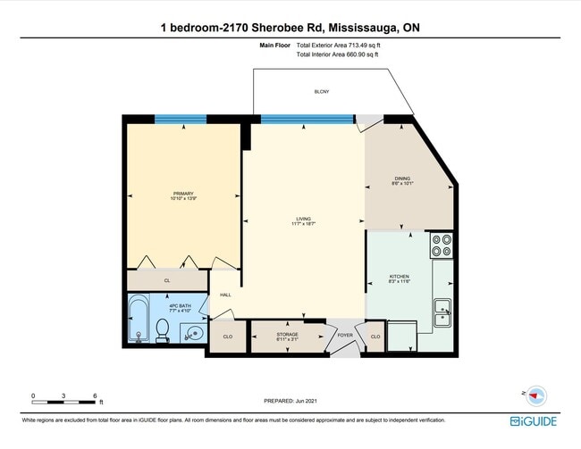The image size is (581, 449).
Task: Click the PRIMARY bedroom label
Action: [x=182, y=195]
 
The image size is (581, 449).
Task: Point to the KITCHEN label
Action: [x=399, y=279]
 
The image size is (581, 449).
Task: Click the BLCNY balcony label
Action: [x=321, y=91]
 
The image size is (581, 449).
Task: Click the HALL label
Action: [x=225, y=295]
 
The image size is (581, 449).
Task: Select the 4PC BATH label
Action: [x=179, y=308]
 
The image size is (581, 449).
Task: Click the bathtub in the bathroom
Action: [x=139, y=321]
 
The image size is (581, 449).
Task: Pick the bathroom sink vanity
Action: [x=195, y=334]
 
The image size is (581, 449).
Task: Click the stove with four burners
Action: [x=442, y=245]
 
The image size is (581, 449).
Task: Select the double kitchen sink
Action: [x=442, y=312]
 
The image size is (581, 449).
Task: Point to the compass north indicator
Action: [x=536, y=394]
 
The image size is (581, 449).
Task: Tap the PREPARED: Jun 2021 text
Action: [x=291, y=402]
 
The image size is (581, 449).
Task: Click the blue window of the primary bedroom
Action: [x=182, y=119]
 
